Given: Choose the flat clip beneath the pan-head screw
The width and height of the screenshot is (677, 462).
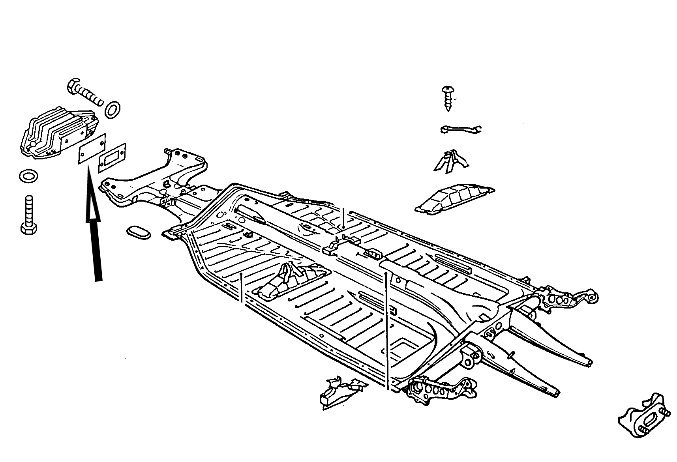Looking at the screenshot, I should (460, 129).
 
